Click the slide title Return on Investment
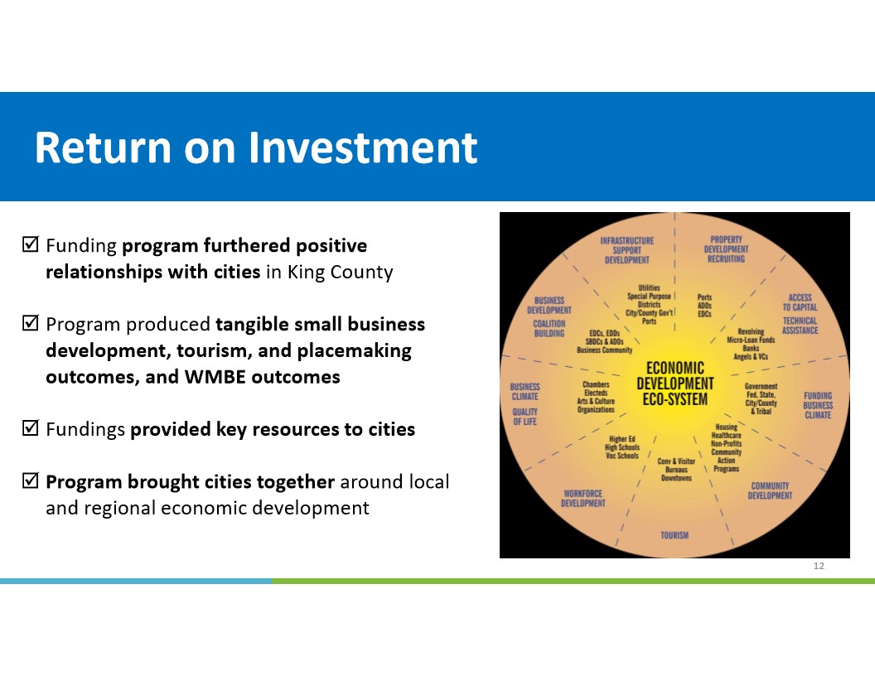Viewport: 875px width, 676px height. pyautogui.click(x=255, y=147)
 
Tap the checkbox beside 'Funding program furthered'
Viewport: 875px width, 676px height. pyautogui.click(x=30, y=244)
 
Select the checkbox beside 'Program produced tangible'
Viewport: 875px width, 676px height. pyautogui.click(x=30, y=323)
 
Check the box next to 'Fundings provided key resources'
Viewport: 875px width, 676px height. pyautogui.click(x=30, y=427)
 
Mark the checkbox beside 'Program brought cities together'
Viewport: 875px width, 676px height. pyautogui.click(x=30, y=480)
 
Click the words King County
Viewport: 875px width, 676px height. pyautogui.click(x=340, y=273)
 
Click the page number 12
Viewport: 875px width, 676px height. pyautogui.click(x=819, y=566)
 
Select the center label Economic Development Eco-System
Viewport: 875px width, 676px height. pyautogui.click(x=674, y=384)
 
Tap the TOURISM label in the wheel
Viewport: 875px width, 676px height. pyautogui.click(x=674, y=535)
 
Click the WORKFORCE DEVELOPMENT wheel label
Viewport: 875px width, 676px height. pyautogui.click(x=583, y=498)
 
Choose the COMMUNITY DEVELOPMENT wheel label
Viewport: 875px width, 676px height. pyautogui.click(x=770, y=490)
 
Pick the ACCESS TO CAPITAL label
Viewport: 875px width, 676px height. pyautogui.click(x=800, y=302)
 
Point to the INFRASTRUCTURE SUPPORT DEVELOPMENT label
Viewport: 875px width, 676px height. pyautogui.click(x=626, y=250)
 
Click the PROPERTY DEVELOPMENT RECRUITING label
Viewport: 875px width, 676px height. pyautogui.click(x=726, y=249)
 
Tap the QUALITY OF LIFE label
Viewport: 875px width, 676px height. pyautogui.click(x=525, y=417)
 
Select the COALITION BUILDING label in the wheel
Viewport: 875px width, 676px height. pyautogui.click(x=549, y=329)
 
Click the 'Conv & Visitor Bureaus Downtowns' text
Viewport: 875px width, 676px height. pyautogui.click(x=676, y=470)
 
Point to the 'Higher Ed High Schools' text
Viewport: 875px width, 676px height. pyautogui.click(x=622, y=443)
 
